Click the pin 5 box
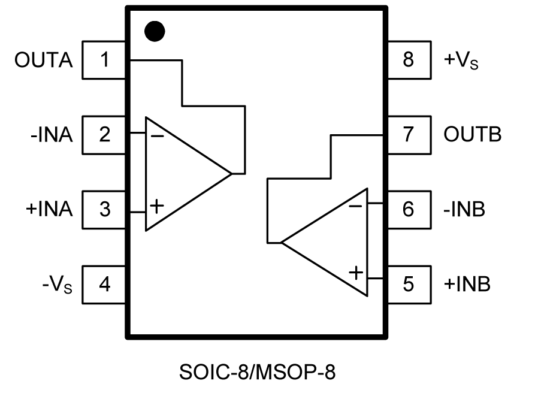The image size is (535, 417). pyautogui.click(x=408, y=284)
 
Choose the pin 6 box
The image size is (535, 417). pyautogui.click(x=408, y=210)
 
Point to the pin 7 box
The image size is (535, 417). pyautogui.click(x=408, y=135)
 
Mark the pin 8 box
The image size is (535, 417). pyautogui.click(x=408, y=61)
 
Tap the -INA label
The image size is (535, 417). pyautogui.click(x=52, y=135)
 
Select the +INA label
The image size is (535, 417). pyautogui.click(x=49, y=210)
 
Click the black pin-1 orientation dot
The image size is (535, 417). pyautogui.click(x=156, y=31)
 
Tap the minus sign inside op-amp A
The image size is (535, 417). pyautogui.click(x=157, y=136)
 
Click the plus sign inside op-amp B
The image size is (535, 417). pyautogui.click(x=356, y=273)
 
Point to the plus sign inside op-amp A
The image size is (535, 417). pyautogui.click(x=156, y=207)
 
